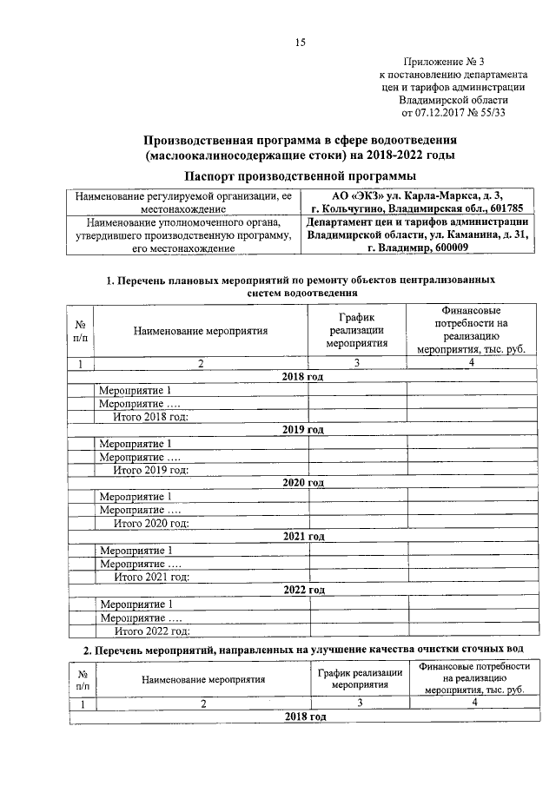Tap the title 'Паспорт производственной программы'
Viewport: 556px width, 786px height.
pos(300,175)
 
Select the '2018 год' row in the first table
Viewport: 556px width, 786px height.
pos(303,376)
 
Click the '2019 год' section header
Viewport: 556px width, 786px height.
pos(303,430)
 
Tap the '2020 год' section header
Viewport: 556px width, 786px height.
pos(303,483)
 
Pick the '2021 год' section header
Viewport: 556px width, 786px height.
pos(303,537)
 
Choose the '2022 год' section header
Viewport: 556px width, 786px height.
pos(303,590)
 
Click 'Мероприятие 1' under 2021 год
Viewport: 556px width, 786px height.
pos(136,551)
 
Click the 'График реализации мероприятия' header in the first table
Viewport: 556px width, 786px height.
pos(356,330)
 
